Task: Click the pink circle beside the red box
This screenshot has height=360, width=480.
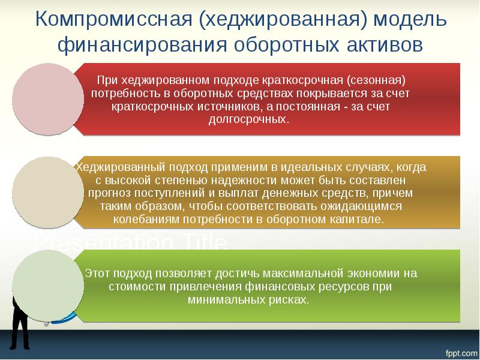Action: (x=48, y=99)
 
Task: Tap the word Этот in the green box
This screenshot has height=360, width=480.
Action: (x=97, y=273)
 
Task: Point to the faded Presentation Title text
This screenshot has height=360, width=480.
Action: (x=130, y=244)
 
